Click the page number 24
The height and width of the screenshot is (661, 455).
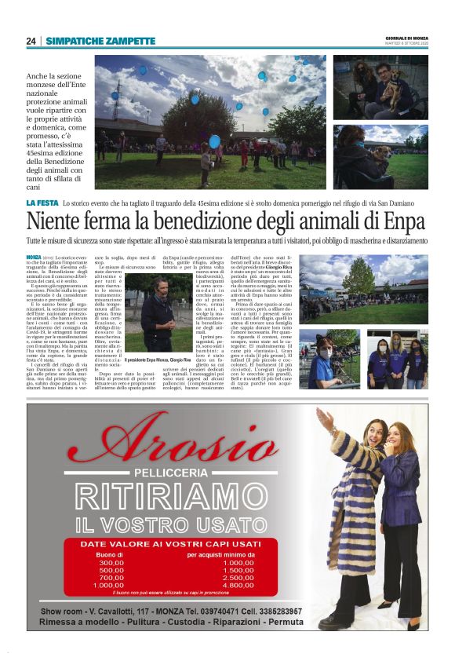(x=31, y=41)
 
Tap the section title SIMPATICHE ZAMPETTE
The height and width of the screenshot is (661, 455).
(x=89, y=41)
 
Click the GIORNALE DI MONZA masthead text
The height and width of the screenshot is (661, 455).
(x=406, y=38)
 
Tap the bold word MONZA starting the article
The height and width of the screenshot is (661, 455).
(x=34, y=257)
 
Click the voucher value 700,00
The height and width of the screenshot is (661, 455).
(x=111, y=577)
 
